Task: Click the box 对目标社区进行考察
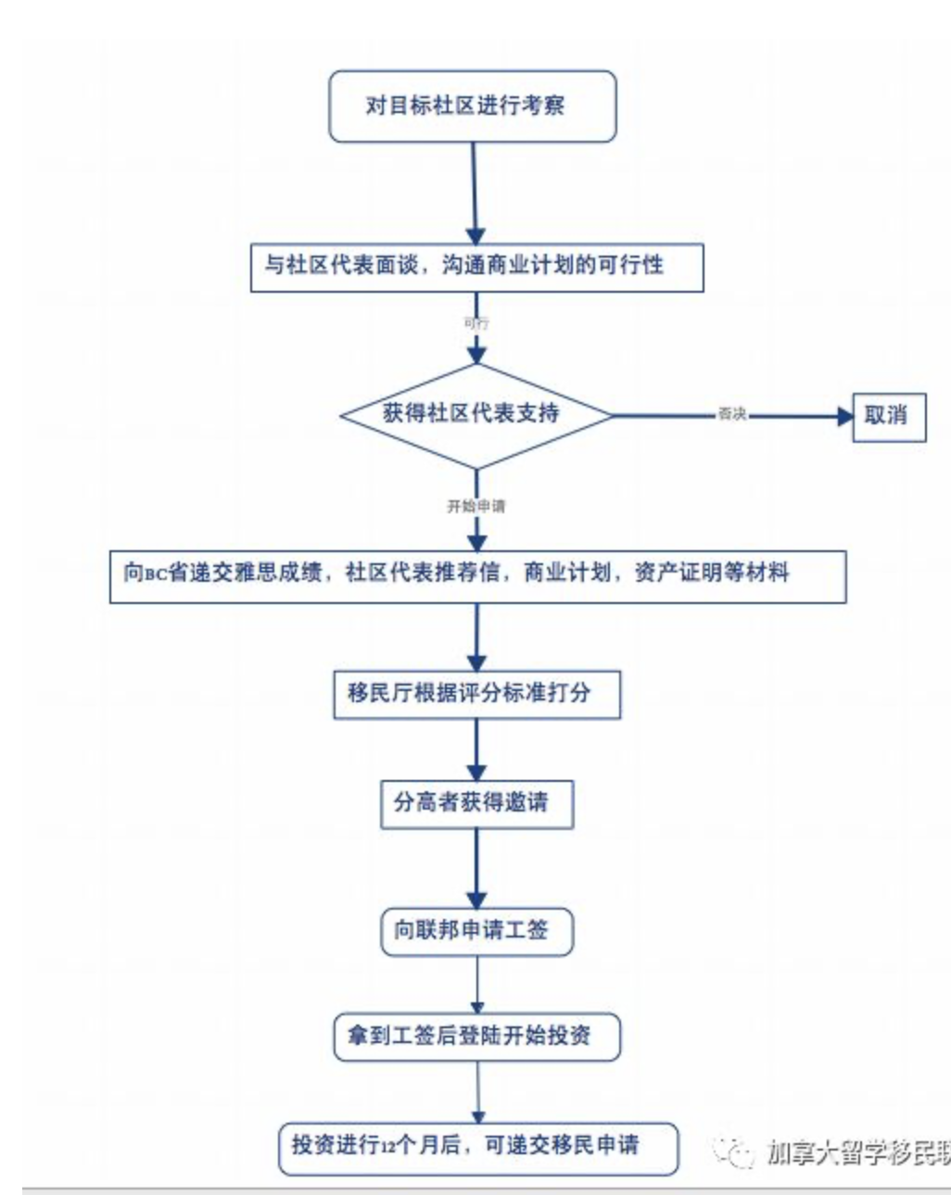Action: (472, 106)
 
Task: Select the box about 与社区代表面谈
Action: (476, 267)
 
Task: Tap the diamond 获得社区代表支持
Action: (475, 414)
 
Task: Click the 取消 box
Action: (888, 416)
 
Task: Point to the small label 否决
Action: (731, 414)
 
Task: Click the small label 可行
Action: (475, 323)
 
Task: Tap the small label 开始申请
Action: (475, 506)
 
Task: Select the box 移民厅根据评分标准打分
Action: (475, 693)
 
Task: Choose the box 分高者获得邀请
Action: (475, 803)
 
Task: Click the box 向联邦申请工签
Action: (475, 930)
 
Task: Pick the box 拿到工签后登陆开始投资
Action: (475, 1037)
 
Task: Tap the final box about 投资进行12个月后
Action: (477, 1147)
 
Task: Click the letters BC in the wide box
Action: (155, 574)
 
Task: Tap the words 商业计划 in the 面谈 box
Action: (518, 266)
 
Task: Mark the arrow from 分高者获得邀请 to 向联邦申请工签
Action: (476, 866)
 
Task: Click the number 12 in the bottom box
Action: (387, 1148)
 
